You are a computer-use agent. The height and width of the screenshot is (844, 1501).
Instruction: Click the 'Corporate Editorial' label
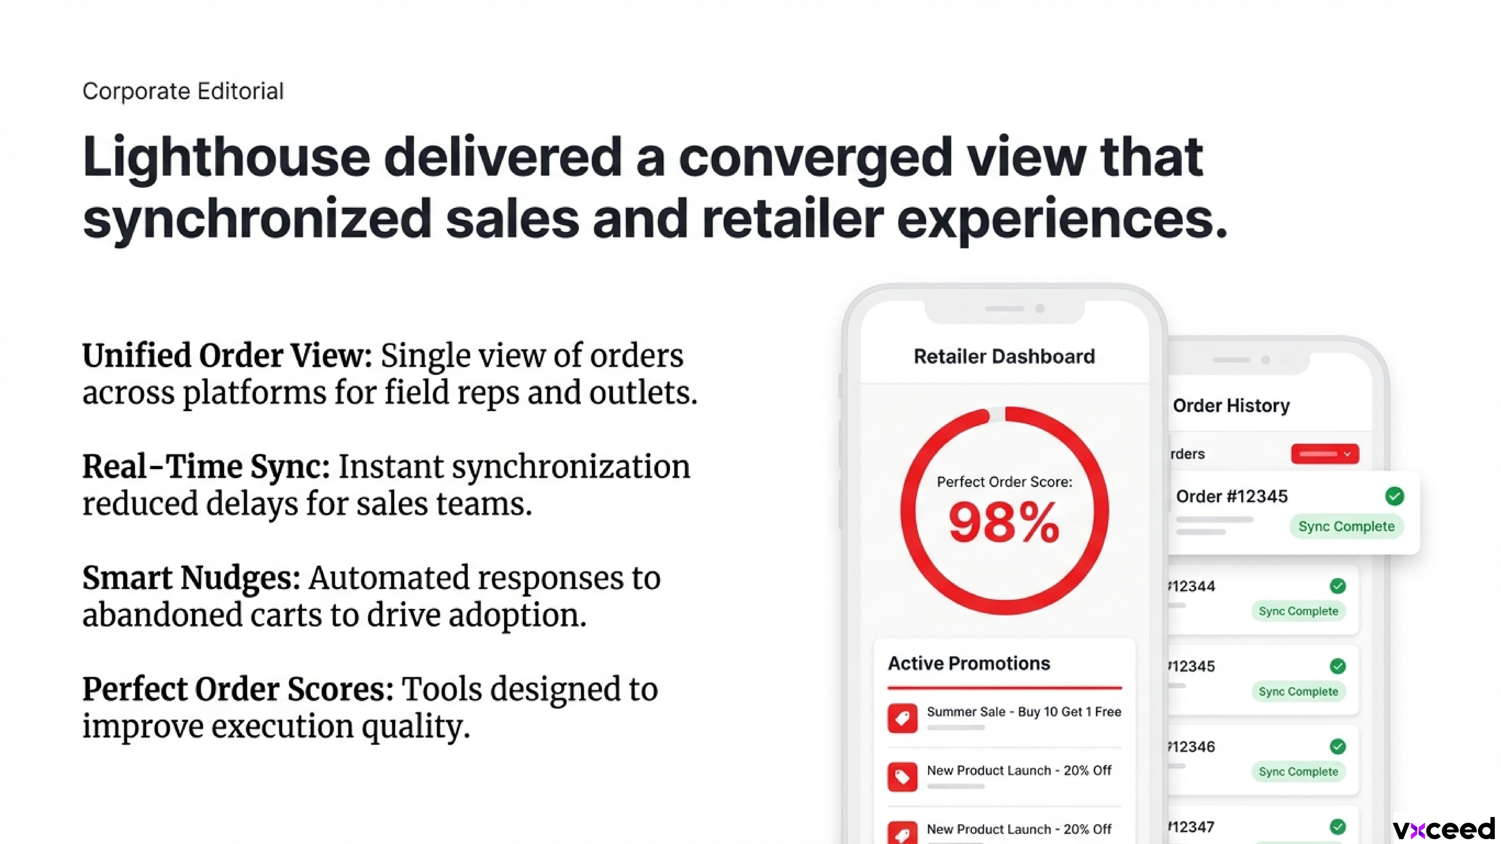tap(183, 92)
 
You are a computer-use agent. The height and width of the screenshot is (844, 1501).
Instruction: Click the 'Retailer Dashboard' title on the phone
tap(1004, 356)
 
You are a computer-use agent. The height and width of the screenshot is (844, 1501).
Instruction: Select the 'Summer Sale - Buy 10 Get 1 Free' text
tap(1024, 712)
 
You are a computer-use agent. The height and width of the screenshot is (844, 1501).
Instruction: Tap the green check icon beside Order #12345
tap(1394, 496)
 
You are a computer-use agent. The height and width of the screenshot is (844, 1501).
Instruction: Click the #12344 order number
tap(1192, 586)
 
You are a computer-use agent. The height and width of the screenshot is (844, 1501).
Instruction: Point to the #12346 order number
tap(1192, 747)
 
